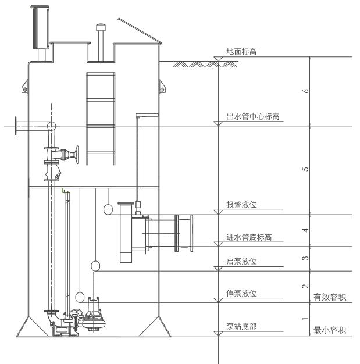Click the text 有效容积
pos(330,298)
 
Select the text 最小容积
pos(330,331)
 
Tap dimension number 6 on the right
pos(306,91)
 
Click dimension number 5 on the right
pos(306,170)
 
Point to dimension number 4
pos(306,230)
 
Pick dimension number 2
pos(306,286)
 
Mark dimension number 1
pos(306,319)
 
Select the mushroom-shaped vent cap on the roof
pos(101,27)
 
